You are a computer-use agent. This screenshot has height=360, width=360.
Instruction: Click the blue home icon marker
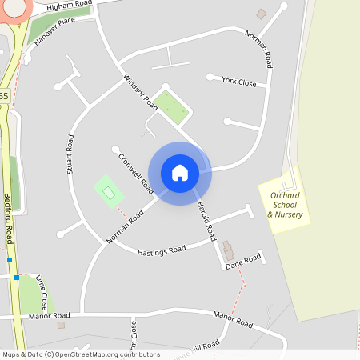180,173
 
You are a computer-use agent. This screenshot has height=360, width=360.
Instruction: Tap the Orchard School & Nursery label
286,205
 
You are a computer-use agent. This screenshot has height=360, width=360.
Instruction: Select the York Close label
239,82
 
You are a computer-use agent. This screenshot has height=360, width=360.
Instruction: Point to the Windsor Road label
140,92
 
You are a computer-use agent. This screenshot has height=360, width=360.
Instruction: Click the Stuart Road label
70,154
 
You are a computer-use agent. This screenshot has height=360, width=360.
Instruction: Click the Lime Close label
41,291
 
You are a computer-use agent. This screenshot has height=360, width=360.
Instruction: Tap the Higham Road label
70,6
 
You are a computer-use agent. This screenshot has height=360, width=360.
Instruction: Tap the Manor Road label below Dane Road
233,320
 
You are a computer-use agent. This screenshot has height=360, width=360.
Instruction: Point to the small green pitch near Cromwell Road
109,191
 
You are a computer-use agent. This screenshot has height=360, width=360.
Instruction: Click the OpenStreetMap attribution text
81,354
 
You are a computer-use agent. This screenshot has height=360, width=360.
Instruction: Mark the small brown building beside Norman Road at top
261,14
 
